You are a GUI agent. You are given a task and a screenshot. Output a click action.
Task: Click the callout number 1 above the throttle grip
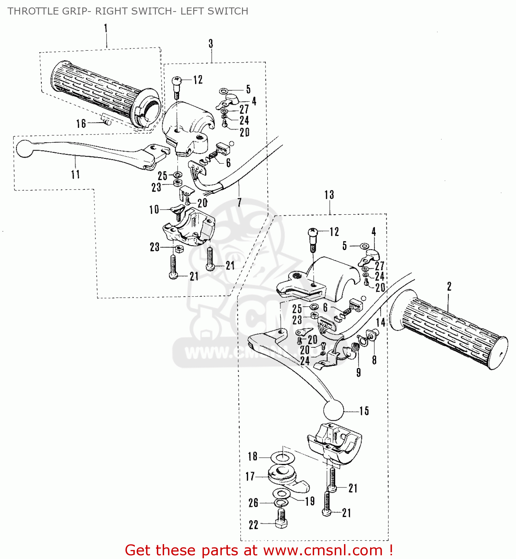[106, 28]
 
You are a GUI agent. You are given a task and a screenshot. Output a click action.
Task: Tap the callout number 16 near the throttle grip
[81, 124]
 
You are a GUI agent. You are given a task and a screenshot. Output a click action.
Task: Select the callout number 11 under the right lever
[75, 174]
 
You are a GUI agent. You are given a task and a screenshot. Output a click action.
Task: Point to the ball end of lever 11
[25, 148]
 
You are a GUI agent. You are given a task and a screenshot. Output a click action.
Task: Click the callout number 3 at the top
[211, 44]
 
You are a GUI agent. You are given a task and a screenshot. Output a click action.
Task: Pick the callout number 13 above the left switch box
[329, 195]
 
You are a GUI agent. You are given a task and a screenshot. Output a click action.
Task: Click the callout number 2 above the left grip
[449, 286]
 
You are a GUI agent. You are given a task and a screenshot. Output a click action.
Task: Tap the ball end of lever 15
[334, 411]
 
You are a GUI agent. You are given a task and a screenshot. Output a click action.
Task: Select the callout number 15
[364, 411]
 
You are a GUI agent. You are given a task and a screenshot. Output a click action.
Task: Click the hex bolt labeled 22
[281, 518]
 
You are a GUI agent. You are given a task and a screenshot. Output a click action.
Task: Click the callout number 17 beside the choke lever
[250, 477]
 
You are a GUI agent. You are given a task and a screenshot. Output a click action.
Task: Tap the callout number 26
[253, 503]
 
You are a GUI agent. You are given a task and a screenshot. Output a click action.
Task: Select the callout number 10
[154, 210]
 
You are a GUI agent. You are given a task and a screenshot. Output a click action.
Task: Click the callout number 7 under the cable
[239, 202]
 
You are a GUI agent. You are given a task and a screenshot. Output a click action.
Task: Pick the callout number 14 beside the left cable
[380, 322]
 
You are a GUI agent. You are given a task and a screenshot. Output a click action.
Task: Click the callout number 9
[359, 372]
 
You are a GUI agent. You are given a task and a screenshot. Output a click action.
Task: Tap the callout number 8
[374, 360]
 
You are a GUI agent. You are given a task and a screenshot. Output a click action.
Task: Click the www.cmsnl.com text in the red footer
[323, 550]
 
